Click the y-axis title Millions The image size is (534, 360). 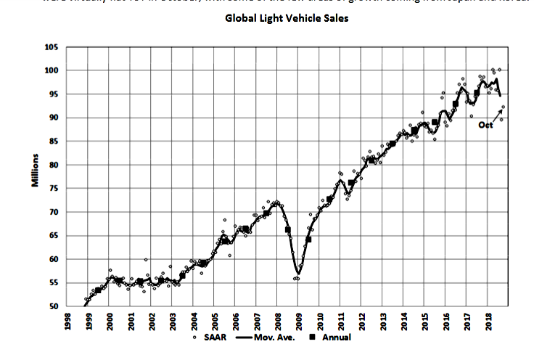(34, 171)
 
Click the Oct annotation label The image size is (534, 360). (485, 126)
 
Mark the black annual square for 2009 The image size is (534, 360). (309, 239)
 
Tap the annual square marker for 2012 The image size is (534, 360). (372, 160)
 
